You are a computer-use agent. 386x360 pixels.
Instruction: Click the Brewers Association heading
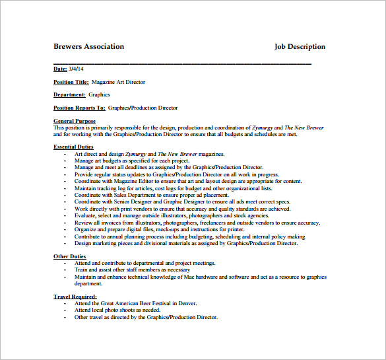tap(88, 47)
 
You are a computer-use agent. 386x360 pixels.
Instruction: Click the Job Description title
tap(300, 47)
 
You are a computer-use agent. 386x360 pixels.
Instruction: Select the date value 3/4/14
tap(77, 69)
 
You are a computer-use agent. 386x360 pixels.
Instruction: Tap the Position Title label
tap(71, 82)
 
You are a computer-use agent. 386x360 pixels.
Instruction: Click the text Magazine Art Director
tap(118, 82)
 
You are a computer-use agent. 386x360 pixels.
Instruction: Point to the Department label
tap(69, 94)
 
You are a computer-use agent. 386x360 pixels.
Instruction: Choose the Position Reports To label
tap(79, 108)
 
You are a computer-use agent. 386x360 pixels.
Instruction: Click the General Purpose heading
tap(74, 121)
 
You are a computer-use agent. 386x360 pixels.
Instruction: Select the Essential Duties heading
tap(73, 147)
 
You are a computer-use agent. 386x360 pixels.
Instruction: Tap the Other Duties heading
tap(69, 256)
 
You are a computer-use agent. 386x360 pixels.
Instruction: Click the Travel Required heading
tap(75, 297)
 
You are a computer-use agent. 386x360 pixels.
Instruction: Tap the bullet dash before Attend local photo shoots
tap(65, 310)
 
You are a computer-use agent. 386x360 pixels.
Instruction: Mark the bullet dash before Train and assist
tap(65, 270)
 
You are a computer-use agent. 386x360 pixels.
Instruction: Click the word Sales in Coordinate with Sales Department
tap(125, 195)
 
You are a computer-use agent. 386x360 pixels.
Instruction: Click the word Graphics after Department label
tap(100, 94)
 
